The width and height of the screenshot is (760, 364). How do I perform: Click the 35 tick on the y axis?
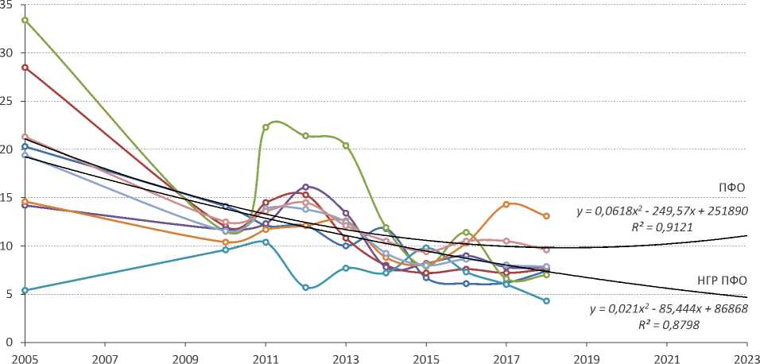coord(9,5)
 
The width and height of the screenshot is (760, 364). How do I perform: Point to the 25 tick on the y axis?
coord(9,101)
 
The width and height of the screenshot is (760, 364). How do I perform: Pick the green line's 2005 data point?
coord(25,20)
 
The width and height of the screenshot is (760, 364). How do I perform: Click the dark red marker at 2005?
coord(25,68)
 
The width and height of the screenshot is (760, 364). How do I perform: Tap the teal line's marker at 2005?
coord(25,290)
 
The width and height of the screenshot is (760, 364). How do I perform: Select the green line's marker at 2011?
coord(266,127)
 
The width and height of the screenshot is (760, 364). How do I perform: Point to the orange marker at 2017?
coord(506,204)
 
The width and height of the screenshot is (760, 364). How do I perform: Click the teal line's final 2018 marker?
coord(546,300)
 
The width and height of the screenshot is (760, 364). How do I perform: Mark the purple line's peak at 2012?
coord(305,187)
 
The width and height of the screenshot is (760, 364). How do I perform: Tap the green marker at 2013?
coord(346,145)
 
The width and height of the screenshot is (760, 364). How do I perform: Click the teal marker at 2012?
coord(305,288)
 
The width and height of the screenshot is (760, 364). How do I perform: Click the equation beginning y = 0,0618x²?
coord(661,211)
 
